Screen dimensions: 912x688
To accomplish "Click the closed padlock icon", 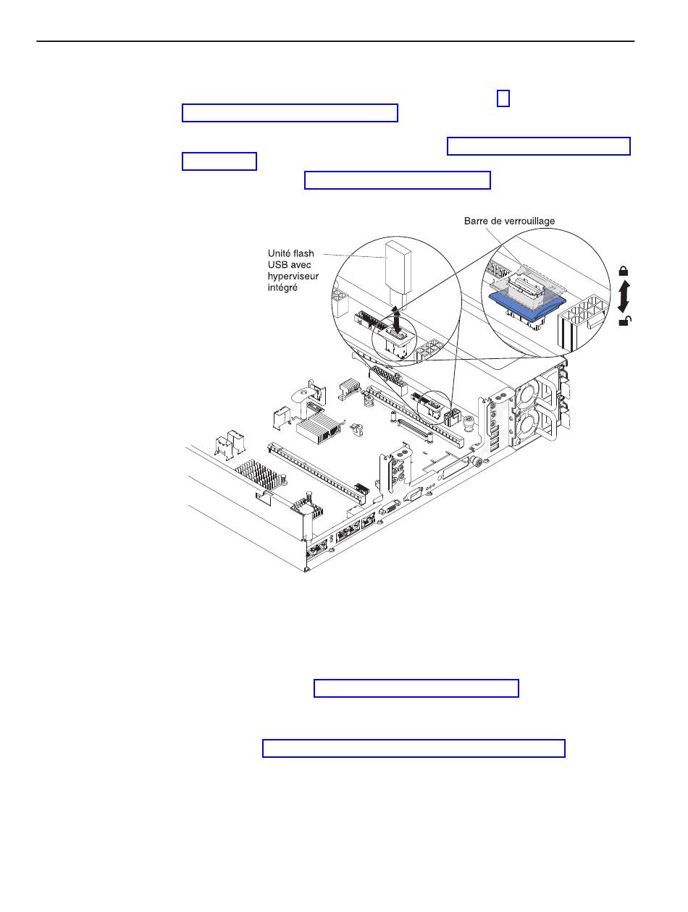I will (x=623, y=271).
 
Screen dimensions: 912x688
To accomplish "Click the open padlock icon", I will (x=623, y=321).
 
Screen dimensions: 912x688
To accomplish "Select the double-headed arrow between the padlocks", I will (x=624, y=295).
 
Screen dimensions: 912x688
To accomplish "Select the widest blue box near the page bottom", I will (x=413, y=748).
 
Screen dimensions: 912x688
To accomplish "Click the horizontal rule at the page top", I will (x=335, y=42).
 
